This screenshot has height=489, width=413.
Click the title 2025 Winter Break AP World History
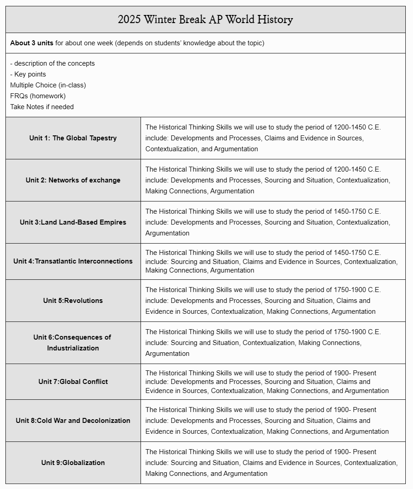pyautogui.click(x=205, y=19)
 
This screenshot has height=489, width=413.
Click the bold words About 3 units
pyautogui.click(x=32, y=43)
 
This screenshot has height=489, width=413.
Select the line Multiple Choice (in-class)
pyautogui.click(x=48, y=85)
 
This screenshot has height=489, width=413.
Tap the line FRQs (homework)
pyautogui.click(x=38, y=96)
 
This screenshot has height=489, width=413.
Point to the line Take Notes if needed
pyautogui.click(x=42, y=107)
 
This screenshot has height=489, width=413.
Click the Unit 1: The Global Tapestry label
pyautogui.click(x=73, y=138)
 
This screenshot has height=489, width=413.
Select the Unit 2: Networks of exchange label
pyautogui.click(x=73, y=180)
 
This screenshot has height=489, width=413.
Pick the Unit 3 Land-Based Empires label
pyautogui.click(x=73, y=222)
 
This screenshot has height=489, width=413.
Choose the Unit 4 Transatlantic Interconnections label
pyautogui.click(x=73, y=261)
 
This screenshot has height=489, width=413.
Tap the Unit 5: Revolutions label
pyautogui.click(x=73, y=301)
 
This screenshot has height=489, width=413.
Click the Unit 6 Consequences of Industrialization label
pyautogui.click(x=73, y=343)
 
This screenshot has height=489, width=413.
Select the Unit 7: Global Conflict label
pyautogui.click(x=73, y=382)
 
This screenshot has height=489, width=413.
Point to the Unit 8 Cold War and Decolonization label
pyautogui.click(x=73, y=421)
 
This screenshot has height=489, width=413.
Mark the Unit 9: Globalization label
pyautogui.click(x=73, y=463)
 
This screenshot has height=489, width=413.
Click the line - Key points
pyautogui.click(x=28, y=74)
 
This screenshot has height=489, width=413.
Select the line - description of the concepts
pyautogui.click(x=52, y=63)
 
